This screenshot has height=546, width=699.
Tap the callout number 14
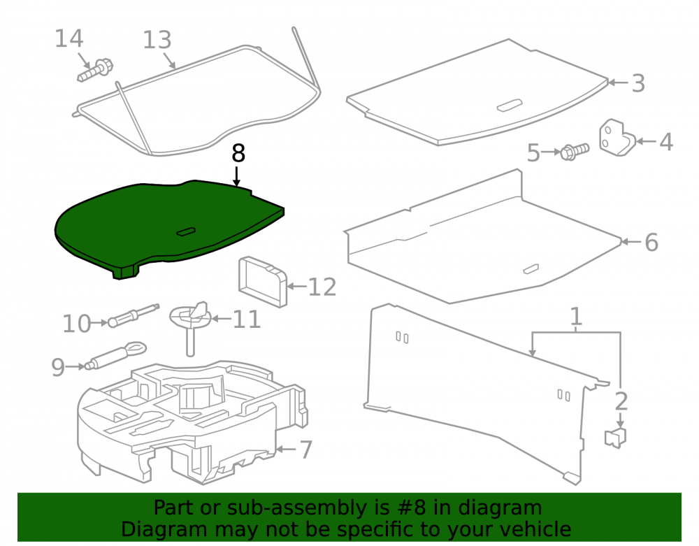(x=69, y=38)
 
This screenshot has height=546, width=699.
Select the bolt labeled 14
(x=95, y=71)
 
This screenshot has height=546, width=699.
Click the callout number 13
(x=157, y=40)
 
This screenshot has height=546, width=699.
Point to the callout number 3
(x=638, y=83)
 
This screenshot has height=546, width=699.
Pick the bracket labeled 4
(x=617, y=138)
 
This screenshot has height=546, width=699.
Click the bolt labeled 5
(x=575, y=152)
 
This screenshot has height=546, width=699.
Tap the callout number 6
(x=651, y=242)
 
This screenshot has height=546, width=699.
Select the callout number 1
(x=576, y=317)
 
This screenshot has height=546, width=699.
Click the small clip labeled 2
(x=616, y=437)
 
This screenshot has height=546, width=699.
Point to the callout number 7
(x=306, y=450)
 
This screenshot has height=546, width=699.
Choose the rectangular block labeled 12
(x=263, y=282)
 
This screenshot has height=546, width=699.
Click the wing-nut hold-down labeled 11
(x=190, y=325)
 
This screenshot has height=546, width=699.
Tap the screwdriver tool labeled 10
(x=134, y=315)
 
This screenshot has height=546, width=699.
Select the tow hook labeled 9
(x=116, y=355)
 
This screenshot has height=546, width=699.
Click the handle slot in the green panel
(x=186, y=232)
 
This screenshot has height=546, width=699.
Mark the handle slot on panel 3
(x=510, y=105)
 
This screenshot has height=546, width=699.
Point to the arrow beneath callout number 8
(x=237, y=176)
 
